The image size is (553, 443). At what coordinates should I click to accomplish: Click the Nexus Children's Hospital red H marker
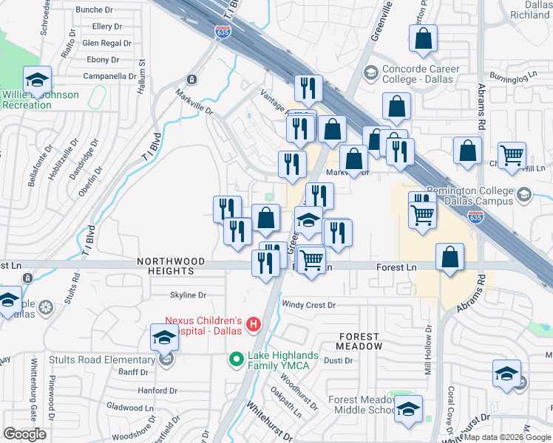tap(254, 324)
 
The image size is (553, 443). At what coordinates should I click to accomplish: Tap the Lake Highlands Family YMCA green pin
tap(236, 360)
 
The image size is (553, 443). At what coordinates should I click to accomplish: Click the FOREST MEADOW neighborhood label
tap(361, 341)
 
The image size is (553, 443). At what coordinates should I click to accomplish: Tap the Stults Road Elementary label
tap(103, 360)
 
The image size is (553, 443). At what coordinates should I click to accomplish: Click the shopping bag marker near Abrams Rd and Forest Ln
tap(449, 258)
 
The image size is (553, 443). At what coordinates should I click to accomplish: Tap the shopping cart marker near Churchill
tap(512, 157)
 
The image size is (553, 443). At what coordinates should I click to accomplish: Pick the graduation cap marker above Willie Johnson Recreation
tap(36, 80)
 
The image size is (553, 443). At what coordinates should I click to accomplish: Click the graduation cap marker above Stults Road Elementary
tap(164, 338)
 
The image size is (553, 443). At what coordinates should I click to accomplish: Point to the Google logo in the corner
tap(24, 434)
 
